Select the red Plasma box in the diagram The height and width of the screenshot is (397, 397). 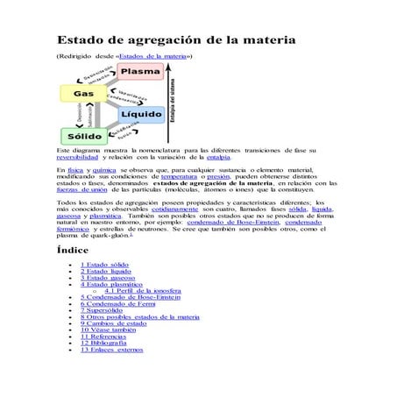(140, 71)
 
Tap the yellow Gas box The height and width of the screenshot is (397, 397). (83, 93)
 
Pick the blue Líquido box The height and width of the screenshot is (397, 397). (140, 115)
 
